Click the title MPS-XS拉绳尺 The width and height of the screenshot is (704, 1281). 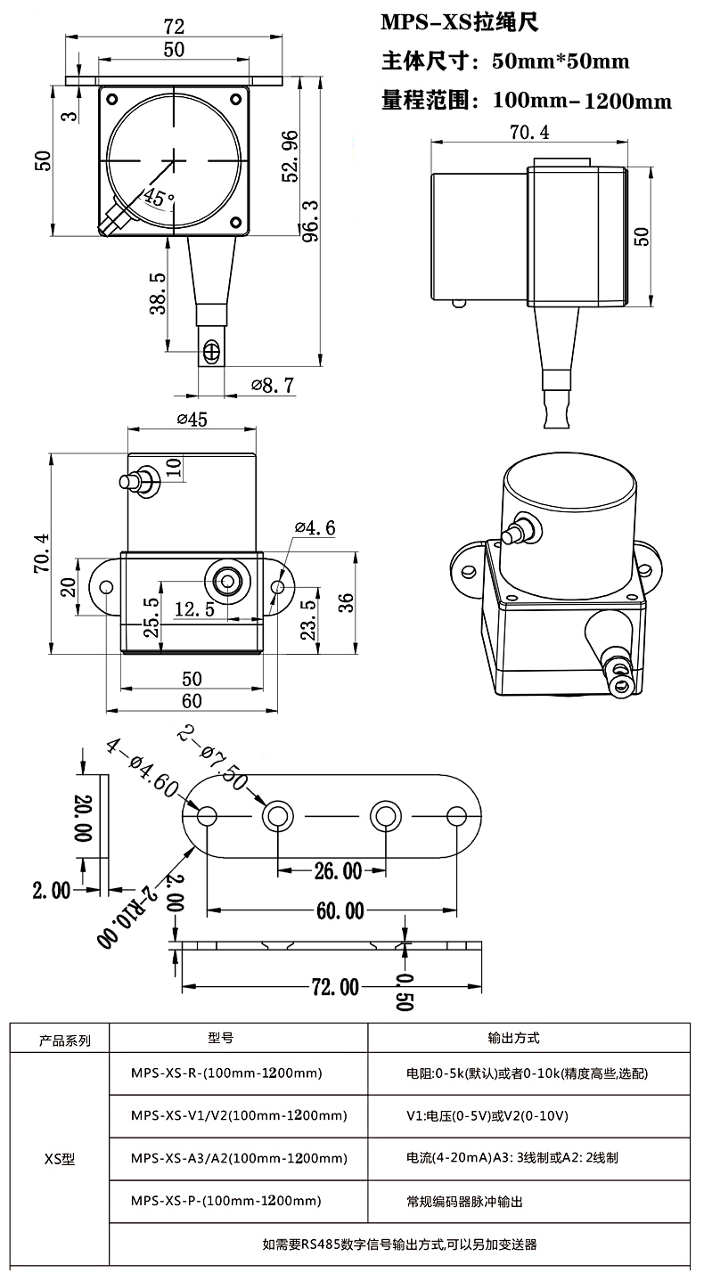tap(461, 23)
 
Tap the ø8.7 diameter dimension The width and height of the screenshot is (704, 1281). tap(272, 386)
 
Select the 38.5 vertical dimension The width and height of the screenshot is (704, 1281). tap(158, 293)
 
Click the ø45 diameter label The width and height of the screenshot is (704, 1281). tap(192, 420)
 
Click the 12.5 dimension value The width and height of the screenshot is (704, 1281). tap(194, 609)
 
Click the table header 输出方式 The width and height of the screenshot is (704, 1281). tap(514, 1038)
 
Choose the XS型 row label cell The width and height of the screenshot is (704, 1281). tap(60, 1160)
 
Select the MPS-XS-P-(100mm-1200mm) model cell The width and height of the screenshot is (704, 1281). tap(225, 1202)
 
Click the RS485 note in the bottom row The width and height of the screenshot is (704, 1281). tap(399, 1244)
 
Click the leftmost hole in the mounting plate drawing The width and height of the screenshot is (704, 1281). tap(208, 815)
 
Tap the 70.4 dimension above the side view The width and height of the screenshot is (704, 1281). tap(528, 133)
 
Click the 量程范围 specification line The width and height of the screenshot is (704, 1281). tap(526, 101)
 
